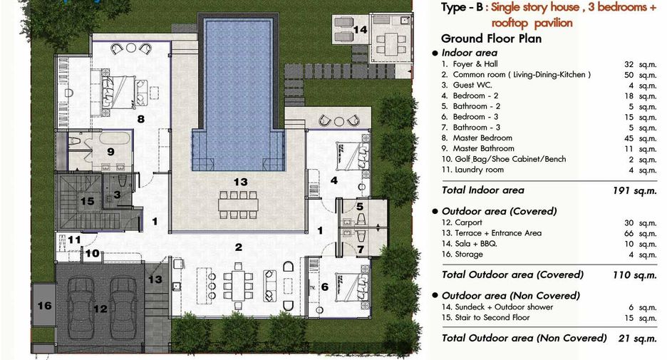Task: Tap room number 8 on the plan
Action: click(x=141, y=120)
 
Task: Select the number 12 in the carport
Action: click(x=100, y=309)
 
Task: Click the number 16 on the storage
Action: click(x=45, y=306)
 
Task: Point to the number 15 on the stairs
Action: click(x=87, y=201)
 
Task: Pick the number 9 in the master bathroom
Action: click(x=110, y=152)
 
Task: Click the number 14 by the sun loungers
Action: click(x=361, y=29)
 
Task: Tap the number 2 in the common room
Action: click(x=239, y=247)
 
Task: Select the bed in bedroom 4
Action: click(x=351, y=156)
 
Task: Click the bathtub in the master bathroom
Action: click(x=115, y=139)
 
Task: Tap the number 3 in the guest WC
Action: click(x=117, y=195)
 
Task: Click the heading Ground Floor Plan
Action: click(x=491, y=38)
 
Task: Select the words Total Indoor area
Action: click(x=483, y=190)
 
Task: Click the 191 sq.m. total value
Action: click(x=635, y=190)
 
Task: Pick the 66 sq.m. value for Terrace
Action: click(x=640, y=234)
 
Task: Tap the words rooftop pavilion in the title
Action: click(x=532, y=23)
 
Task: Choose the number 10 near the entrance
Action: click(x=93, y=254)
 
